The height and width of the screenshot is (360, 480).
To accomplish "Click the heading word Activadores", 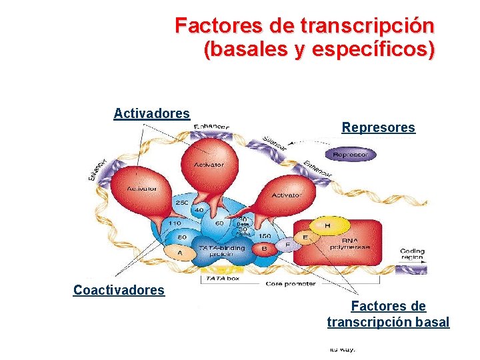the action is [x=151, y=113].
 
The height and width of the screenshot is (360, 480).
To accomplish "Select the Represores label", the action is [x=378, y=127].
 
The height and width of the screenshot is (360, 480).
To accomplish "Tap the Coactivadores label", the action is [x=119, y=290].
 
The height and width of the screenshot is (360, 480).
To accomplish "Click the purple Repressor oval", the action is [x=350, y=155].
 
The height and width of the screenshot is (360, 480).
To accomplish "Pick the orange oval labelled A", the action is [x=179, y=253].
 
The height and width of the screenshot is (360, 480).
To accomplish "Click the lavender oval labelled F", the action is [x=287, y=245].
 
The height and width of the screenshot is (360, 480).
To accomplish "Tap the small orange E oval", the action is [x=306, y=237].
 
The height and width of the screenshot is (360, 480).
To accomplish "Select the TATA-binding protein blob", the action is [x=222, y=251].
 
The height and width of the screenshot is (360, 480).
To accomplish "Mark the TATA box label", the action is [x=223, y=279].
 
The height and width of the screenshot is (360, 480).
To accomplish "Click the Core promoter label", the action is [x=291, y=283].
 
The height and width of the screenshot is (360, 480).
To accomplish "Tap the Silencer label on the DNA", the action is [x=275, y=142].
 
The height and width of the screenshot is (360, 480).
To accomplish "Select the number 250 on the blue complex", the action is [x=181, y=203].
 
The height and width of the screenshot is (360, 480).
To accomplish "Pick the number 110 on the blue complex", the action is [x=175, y=223].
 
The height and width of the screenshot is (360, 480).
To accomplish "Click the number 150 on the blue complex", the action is [x=264, y=235].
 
